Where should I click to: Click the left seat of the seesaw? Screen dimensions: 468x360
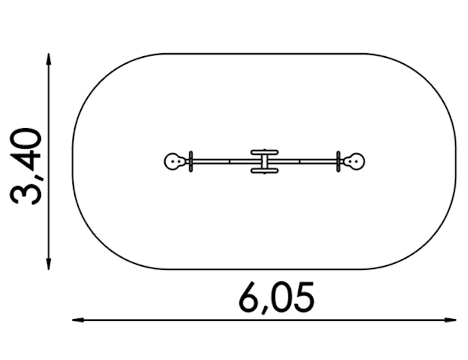pyautogui.click(x=174, y=162)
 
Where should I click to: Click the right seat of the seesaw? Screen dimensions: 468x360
pyautogui.click(x=355, y=162)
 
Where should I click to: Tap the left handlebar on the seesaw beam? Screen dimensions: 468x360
pyautogui.click(x=191, y=162)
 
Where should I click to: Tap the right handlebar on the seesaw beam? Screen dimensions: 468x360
pyautogui.click(x=338, y=162)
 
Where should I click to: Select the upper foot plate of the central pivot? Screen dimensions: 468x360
pyautogui.click(x=264, y=152)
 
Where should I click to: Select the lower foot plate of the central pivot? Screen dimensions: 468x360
pyautogui.click(x=264, y=171)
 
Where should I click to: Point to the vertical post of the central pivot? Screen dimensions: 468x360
pyautogui.click(x=264, y=162)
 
